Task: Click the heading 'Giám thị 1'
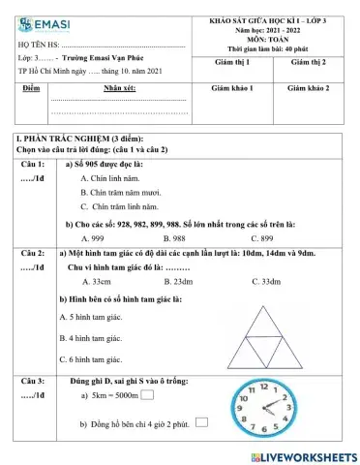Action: (232, 61)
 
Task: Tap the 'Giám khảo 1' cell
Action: (232, 87)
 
